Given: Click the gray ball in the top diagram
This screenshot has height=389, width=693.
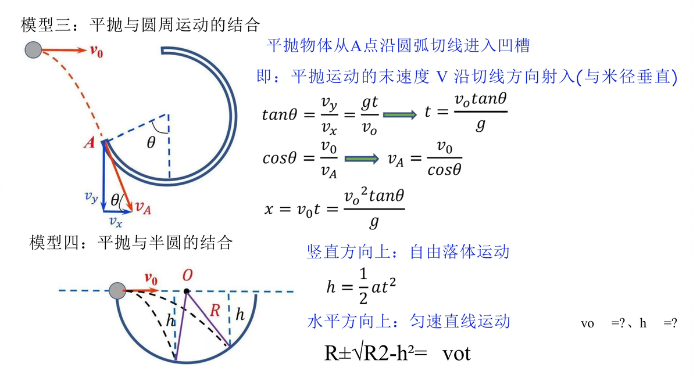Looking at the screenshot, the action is pyautogui.click(x=33, y=50).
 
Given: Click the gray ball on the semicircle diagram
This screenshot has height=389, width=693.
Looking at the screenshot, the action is pyautogui.click(x=117, y=291).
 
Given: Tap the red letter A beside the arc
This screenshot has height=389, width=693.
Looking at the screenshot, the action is pyautogui.click(x=90, y=143).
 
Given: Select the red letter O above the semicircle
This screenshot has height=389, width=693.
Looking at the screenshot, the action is pyautogui.click(x=187, y=275).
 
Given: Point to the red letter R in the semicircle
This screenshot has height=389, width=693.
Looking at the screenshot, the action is pyautogui.click(x=215, y=311).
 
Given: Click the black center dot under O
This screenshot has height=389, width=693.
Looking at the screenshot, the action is pyautogui.click(x=187, y=291).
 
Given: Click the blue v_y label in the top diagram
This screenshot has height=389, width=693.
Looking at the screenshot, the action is pyautogui.click(x=91, y=197).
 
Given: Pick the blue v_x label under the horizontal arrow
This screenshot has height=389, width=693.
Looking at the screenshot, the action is pyautogui.click(x=115, y=221).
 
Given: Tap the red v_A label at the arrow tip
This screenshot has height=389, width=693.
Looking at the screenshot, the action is pyautogui.click(x=143, y=207).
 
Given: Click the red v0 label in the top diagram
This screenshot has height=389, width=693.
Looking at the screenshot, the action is pyautogui.click(x=97, y=52).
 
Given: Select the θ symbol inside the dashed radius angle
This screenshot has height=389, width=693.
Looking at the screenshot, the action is pyautogui.click(x=151, y=142).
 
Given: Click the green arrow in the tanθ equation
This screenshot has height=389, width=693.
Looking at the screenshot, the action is pyautogui.click(x=399, y=115).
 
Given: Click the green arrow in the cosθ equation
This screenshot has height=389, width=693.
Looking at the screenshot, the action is pyautogui.click(x=362, y=159).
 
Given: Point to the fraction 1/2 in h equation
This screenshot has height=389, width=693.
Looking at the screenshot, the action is pyautogui.click(x=363, y=286).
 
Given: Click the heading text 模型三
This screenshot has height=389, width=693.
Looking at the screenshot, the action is pyautogui.click(x=46, y=25).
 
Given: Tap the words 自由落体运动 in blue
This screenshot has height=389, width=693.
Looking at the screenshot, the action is pyautogui.click(x=459, y=251).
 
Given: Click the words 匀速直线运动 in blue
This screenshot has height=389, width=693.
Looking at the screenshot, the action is pyautogui.click(x=460, y=321).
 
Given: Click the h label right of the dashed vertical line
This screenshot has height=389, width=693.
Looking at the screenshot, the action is pyautogui.click(x=240, y=314).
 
